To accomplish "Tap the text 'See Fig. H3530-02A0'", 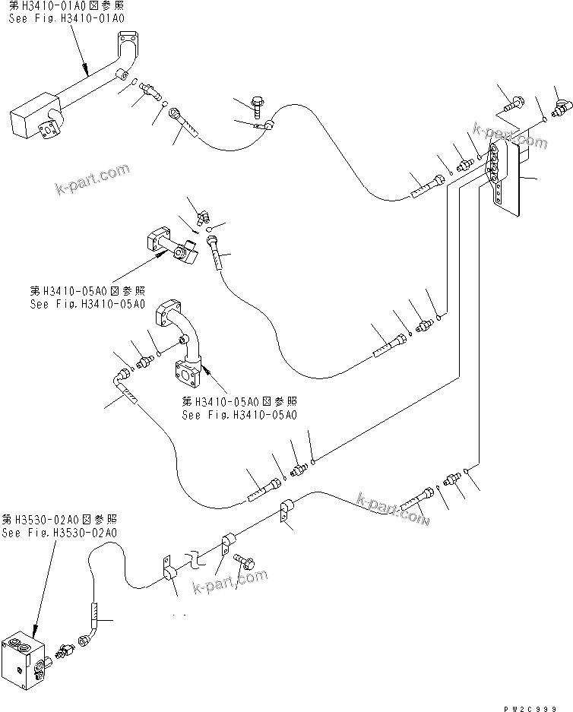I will click(59, 533).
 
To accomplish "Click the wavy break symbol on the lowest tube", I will click(196, 560).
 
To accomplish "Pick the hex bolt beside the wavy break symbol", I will click(247, 562).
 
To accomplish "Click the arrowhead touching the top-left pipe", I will click(90, 74).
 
